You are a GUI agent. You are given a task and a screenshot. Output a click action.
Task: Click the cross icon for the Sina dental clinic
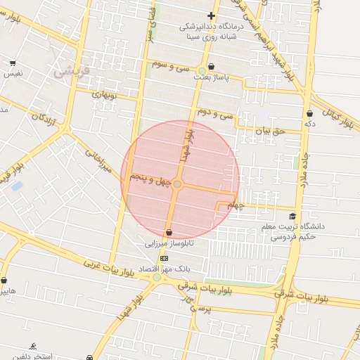click(211, 15)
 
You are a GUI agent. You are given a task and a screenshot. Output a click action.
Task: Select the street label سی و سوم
click(169, 65)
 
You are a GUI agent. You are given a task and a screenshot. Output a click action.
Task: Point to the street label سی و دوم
click(212, 112)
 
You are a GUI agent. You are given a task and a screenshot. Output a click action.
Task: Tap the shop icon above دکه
click(310, 113)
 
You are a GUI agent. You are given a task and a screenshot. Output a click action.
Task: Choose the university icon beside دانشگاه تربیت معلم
click(292, 216)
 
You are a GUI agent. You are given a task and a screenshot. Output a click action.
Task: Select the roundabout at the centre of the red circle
click(177, 184)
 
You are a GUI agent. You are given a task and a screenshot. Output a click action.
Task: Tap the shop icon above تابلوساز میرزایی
click(169, 232)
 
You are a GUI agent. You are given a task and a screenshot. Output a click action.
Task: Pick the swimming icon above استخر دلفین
click(33, 346)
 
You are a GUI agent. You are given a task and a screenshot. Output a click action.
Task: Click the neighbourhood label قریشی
click(69, 71)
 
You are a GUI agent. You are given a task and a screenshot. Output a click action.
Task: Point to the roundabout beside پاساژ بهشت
click(202, 70)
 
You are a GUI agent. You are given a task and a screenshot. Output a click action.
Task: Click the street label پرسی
click(202, 307)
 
